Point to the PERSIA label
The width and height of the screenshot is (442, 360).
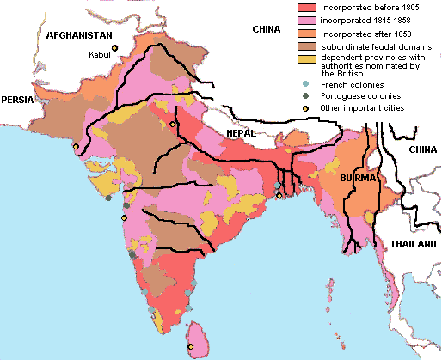tap(17, 100)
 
